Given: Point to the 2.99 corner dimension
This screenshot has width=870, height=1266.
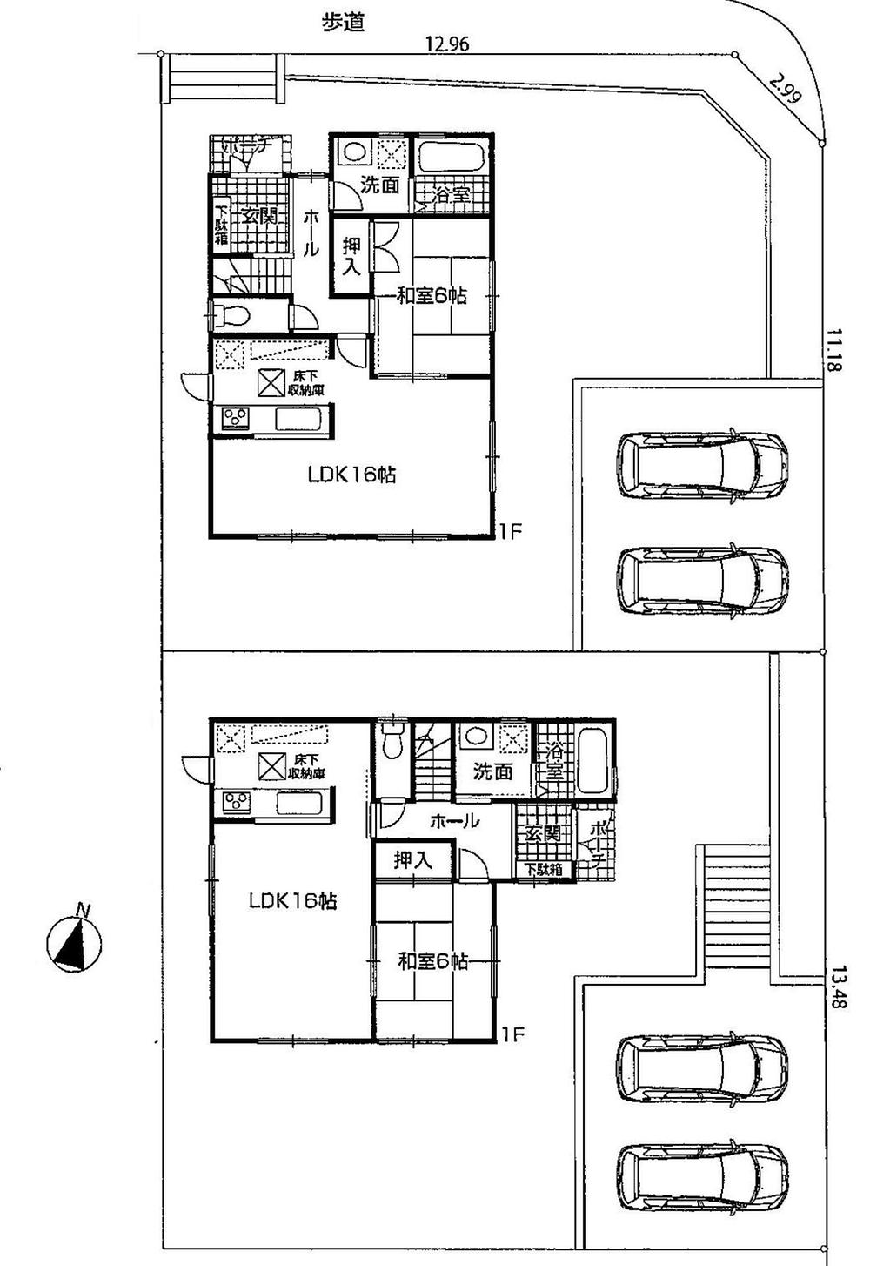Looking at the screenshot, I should click(x=786, y=88).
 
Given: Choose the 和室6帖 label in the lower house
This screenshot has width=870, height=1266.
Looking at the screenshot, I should click(x=432, y=961).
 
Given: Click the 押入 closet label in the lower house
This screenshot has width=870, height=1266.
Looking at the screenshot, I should click(x=412, y=860).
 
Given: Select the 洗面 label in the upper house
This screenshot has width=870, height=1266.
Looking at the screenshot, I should click(x=380, y=184).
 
